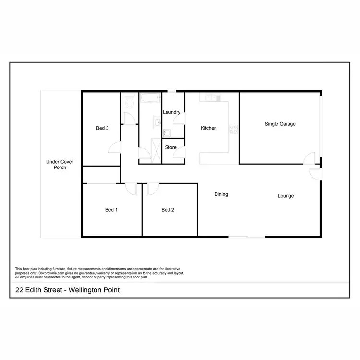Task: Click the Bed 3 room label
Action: tap(102, 128)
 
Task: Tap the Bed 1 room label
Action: tap(111, 210)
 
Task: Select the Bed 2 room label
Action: tap(168, 210)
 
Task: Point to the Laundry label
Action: tap(171, 112)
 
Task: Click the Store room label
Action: tap(171, 148)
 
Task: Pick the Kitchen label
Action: tap(209, 128)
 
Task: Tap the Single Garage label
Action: tap(280, 124)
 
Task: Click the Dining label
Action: tap(221, 194)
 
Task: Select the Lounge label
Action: tap(286, 196)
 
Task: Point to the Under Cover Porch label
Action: tap(56, 165)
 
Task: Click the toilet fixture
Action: tap(129, 102)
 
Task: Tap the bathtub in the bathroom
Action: tap(150, 98)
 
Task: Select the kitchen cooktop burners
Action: tap(233, 129)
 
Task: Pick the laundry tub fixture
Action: tap(166, 132)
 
